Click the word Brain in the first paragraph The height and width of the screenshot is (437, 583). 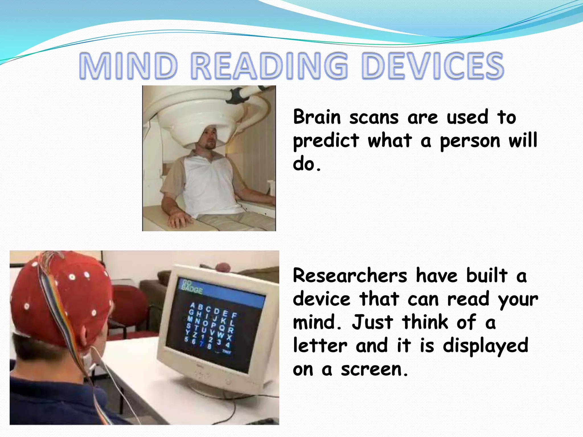[317, 117]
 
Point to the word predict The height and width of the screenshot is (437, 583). [326, 141]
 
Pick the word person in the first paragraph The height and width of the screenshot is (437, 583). [470, 141]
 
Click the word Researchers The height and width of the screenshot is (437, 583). [350, 276]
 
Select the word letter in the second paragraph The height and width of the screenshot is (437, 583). [320, 346]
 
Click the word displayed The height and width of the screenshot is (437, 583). [485, 346]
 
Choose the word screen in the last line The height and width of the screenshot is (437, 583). [374, 369]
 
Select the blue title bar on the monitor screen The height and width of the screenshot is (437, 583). [222, 293]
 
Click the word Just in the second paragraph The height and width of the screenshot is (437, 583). [372, 323]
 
